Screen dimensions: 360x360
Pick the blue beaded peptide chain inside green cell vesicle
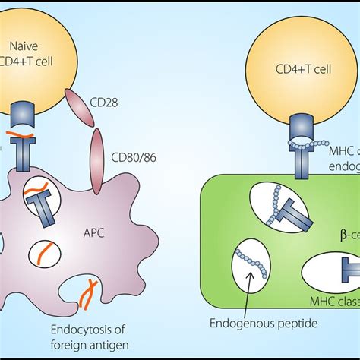coord(246,258)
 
